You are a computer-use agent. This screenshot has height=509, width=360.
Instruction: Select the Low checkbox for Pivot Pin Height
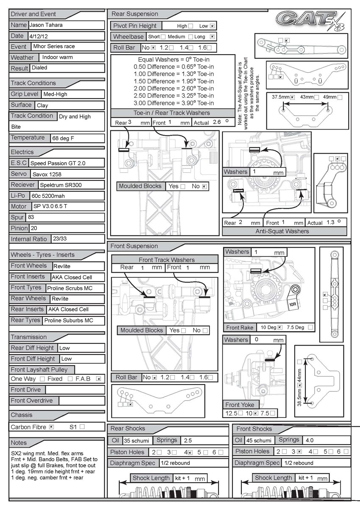(x=213, y=26)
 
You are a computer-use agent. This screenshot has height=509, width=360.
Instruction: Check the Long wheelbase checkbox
(x=213, y=37)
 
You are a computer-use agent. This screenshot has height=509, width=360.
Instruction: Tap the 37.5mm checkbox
(x=292, y=97)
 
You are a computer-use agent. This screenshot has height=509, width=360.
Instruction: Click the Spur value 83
(x=31, y=217)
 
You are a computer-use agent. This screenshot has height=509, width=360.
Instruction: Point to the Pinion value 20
(x=34, y=228)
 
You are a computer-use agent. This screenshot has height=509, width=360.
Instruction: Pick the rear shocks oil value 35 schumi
(x=134, y=440)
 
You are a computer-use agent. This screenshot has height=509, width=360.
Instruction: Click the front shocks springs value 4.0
(x=310, y=440)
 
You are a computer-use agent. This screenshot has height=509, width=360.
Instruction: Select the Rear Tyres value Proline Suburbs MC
(x=69, y=321)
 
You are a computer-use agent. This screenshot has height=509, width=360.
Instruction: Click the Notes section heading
(x=19, y=443)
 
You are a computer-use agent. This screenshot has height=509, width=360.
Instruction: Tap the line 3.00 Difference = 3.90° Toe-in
(x=174, y=103)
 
